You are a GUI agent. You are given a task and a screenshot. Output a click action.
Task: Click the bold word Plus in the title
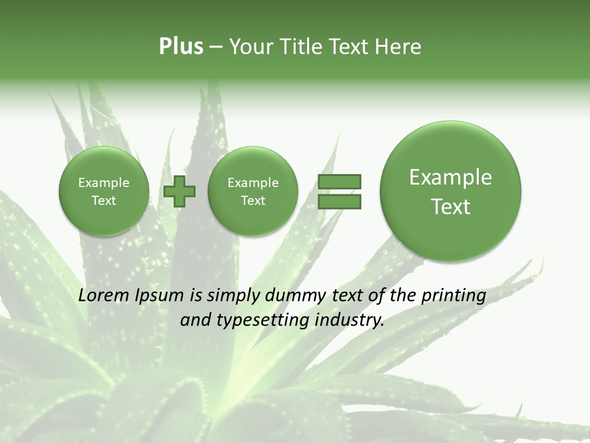181,47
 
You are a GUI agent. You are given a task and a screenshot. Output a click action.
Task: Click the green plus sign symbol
179,191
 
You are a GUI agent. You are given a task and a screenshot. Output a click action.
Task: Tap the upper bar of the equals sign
339,182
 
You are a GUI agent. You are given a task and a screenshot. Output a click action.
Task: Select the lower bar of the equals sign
339,201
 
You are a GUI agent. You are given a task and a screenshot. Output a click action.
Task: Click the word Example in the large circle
450,177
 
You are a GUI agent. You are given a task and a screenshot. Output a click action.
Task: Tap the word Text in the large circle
450,207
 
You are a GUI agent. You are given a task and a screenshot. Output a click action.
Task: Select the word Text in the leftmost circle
103,201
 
